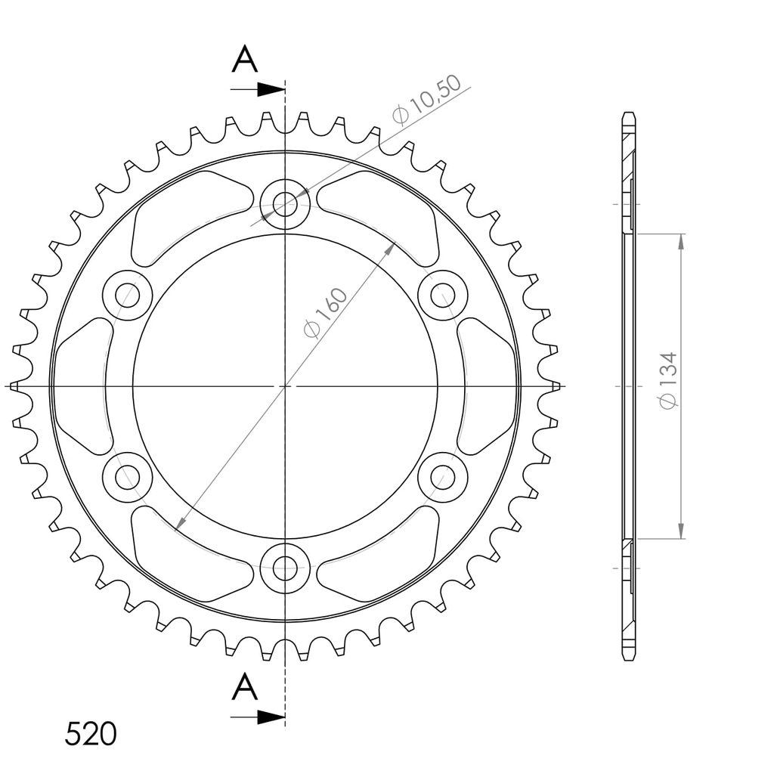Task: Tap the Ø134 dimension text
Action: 668,380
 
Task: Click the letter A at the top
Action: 245,59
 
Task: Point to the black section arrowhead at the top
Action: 271,90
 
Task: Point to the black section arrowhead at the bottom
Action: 271,717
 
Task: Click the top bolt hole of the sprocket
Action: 285,203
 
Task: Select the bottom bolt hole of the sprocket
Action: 285,568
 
